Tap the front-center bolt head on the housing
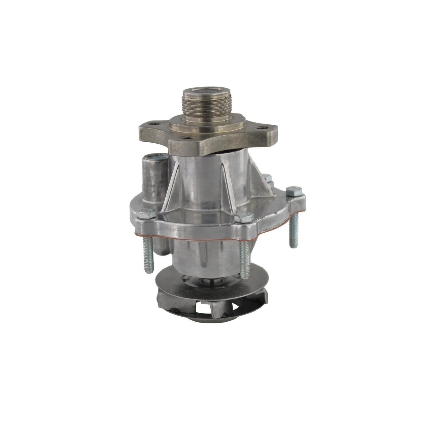point(244,217)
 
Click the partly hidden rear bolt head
point(267,178)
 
